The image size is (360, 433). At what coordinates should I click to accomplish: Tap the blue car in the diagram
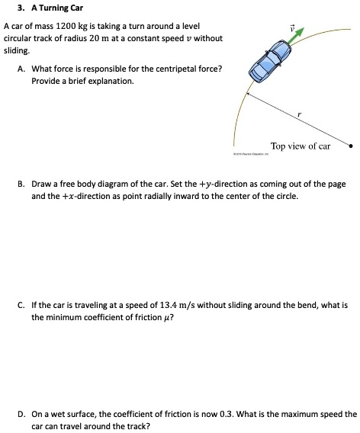270,63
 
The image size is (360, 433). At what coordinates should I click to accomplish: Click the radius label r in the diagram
300,114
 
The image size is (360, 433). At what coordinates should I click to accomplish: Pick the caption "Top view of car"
301,146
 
